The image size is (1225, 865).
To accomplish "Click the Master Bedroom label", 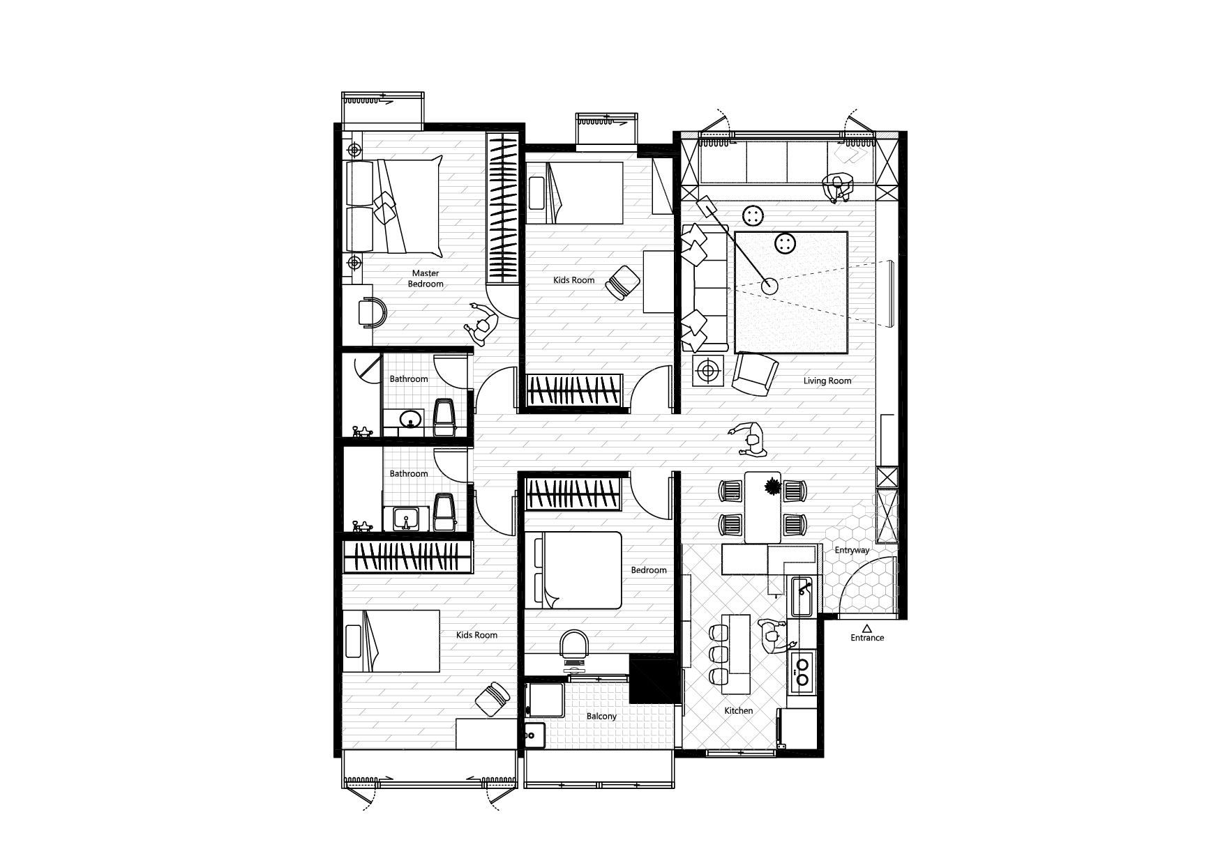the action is [426, 279].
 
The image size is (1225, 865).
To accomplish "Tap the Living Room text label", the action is [827, 381].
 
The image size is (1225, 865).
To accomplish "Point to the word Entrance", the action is [867, 638].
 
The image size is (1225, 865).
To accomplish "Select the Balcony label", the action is [601, 717].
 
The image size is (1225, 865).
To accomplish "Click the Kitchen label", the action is [739, 711].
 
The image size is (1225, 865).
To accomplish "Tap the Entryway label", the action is [852, 551].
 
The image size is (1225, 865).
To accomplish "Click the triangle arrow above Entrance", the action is [867, 628].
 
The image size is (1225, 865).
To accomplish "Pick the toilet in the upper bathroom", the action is [444, 417].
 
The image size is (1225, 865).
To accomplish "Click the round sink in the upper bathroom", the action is [409, 418].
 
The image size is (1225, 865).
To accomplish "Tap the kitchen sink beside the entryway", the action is [802, 597].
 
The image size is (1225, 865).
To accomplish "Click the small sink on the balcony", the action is [535, 735].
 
